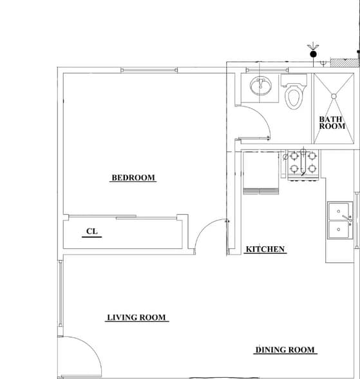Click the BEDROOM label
click(x=133, y=178)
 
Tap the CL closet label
click(x=92, y=231)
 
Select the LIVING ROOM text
click(x=137, y=317)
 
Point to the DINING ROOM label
click(x=286, y=350)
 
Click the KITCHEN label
click(x=266, y=249)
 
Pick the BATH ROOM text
click(x=332, y=122)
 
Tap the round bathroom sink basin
click(x=262, y=86)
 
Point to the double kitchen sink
click(x=339, y=221)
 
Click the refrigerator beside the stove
click(x=261, y=171)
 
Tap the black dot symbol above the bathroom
click(x=314, y=54)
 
